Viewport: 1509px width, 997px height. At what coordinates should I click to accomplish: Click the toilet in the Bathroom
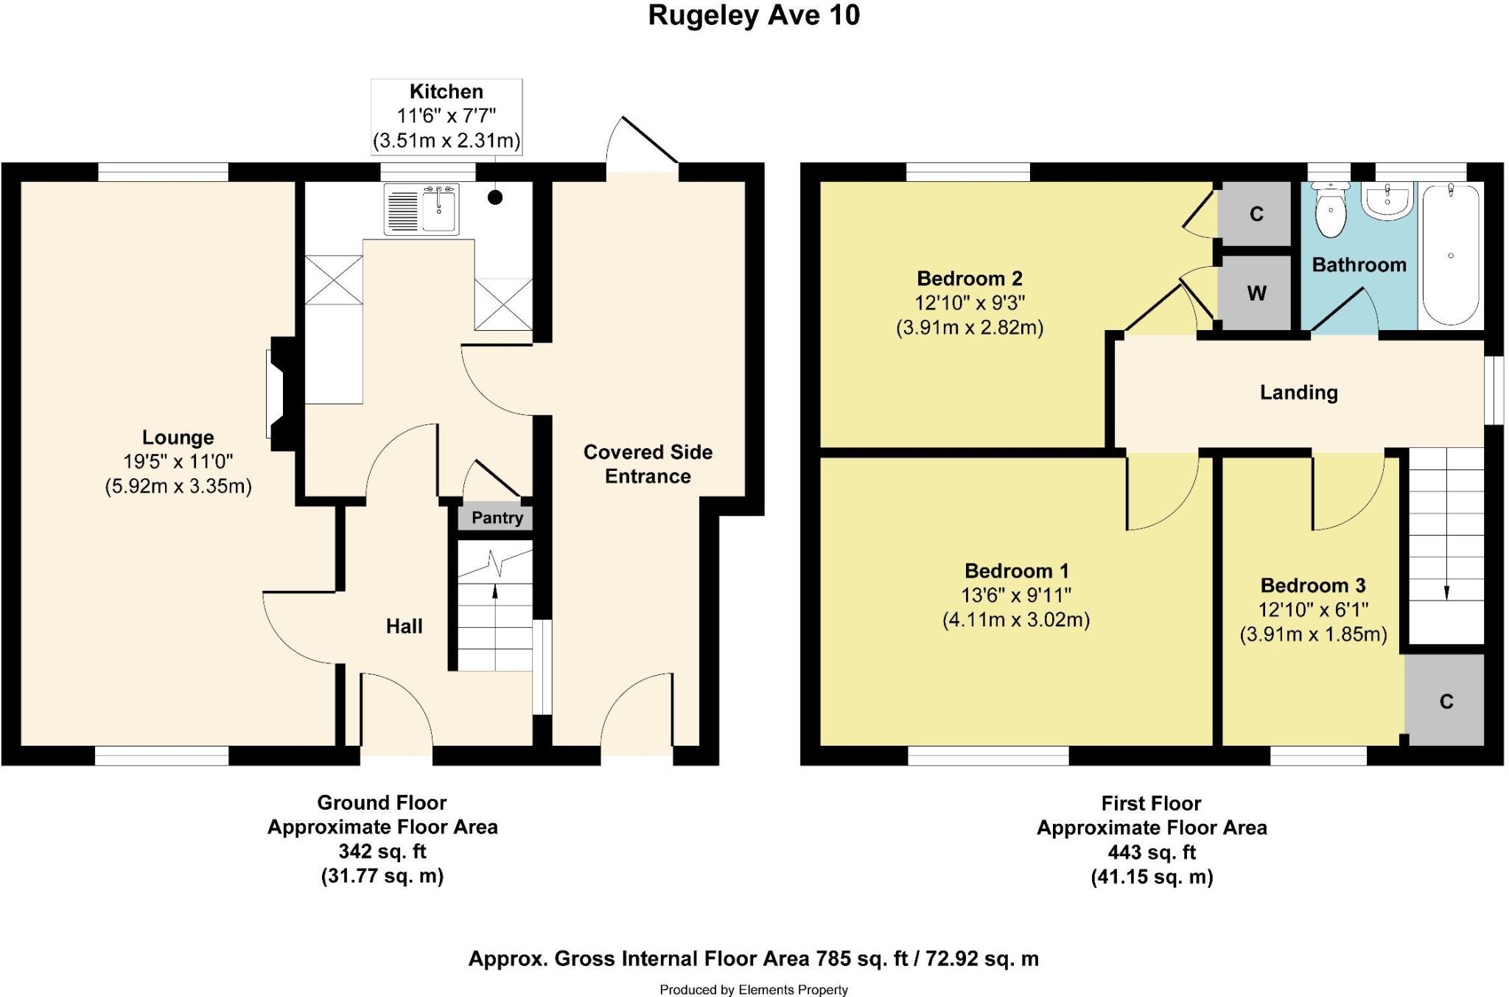pos(1331,211)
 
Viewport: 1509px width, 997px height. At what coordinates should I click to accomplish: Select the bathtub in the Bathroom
pos(1450,254)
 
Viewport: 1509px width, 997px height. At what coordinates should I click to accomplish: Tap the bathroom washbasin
pos(1387,200)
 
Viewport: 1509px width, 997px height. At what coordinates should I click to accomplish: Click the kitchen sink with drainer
pos(421,211)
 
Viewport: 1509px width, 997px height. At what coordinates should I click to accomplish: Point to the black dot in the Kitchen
pos(495,197)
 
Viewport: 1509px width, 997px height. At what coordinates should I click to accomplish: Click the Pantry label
pos(497,518)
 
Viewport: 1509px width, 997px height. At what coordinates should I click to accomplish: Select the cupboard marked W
pos(1256,293)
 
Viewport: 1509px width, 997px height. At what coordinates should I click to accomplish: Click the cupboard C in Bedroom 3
pos(1445,701)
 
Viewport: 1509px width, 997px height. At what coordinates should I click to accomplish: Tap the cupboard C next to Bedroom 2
pos(1256,214)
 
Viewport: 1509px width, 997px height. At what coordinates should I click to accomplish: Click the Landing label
pos(1298,393)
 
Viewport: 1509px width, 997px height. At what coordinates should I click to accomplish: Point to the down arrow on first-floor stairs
pos(1446,591)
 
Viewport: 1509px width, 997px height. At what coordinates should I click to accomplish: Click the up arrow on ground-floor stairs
pos(494,590)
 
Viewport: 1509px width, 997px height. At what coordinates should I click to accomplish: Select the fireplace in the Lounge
pos(281,393)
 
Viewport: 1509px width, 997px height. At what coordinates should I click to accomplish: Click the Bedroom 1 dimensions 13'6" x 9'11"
pos(1015,595)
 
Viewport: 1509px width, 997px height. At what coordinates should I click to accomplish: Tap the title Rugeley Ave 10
pos(753,15)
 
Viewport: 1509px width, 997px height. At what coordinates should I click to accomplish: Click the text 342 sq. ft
pos(382,852)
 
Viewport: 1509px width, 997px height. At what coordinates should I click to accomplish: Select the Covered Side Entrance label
pos(648,463)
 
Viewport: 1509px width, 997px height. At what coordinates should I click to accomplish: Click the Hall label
pos(404,626)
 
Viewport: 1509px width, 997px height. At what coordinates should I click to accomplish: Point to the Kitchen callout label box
pos(447,116)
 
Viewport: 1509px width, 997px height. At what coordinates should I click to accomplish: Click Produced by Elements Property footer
pos(753,990)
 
